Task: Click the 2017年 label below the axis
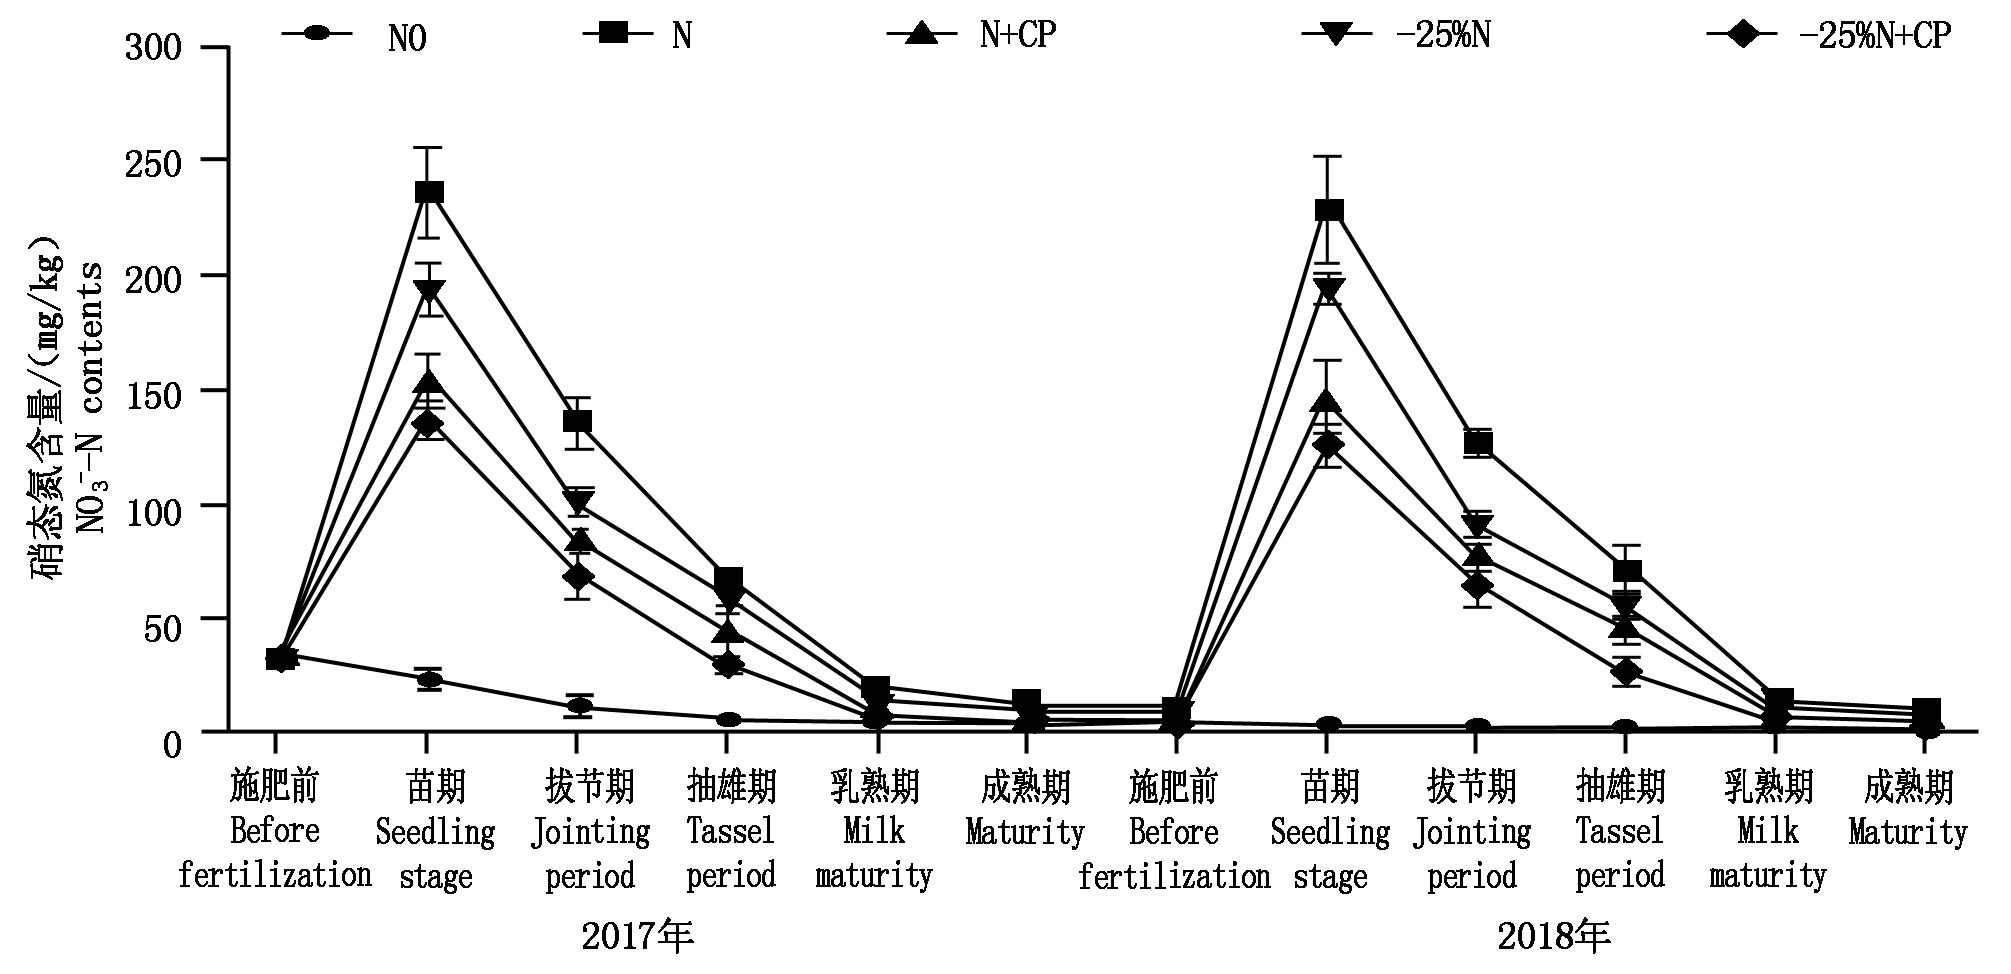[x=637, y=936]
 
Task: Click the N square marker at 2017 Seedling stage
[x=429, y=192]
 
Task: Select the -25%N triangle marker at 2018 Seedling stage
[x=1329, y=291]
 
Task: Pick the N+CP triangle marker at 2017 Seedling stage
[x=429, y=383]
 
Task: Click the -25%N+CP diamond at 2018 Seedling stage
[x=1329, y=445]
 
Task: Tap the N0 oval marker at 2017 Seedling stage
[x=429, y=680]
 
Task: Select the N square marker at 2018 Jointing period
[x=1477, y=442]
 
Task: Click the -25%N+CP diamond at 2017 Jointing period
[x=577, y=577]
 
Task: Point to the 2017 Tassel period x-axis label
[x=731, y=831]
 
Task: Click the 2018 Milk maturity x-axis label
[x=1767, y=831]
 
